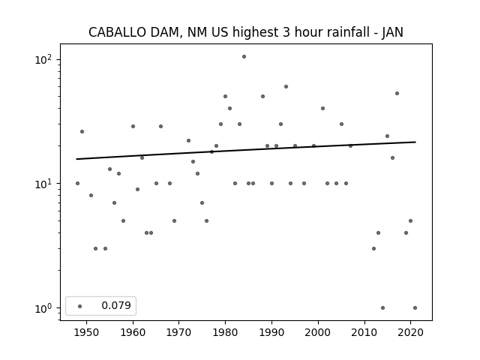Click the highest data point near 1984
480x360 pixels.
pos(244,57)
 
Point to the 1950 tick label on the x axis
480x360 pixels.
pos(87,332)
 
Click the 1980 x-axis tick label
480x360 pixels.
pos(225,332)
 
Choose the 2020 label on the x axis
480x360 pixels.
pos(411,332)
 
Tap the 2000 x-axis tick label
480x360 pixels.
pos(318,332)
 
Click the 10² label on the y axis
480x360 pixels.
pos(43,59)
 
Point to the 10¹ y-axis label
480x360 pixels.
pos(43,184)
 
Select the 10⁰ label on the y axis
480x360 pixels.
pos(43,308)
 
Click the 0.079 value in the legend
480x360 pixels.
pos(116,305)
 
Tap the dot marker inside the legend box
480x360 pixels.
pos(80,306)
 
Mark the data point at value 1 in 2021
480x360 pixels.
pos(415,308)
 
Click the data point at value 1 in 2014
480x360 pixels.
pos(382,308)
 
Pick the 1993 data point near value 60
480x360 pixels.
pos(286,87)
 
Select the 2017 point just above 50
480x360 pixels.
pos(397,93)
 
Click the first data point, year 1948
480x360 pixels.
pos(77,183)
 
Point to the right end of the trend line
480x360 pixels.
pos(415,142)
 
